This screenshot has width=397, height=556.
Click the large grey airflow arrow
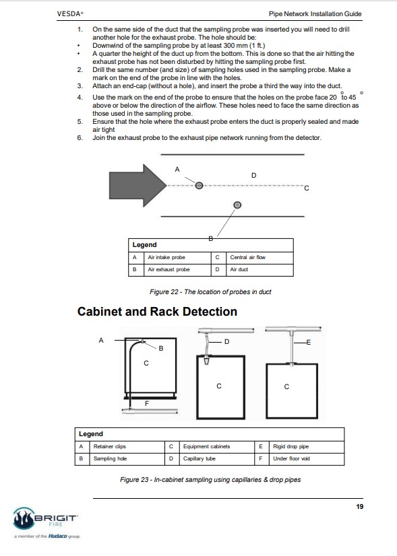[x=138, y=185]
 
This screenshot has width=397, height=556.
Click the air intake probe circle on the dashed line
[x=200, y=185]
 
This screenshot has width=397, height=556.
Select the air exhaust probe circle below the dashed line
[x=237, y=205]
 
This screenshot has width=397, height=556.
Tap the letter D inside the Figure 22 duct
[x=253, y=175]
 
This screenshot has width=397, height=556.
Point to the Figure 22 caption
[x=210, y=292]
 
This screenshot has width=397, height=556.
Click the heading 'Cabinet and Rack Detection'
[x=157, y=312]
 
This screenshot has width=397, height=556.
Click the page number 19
[x=360, y=507]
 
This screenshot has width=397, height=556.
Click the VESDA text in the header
[x=69, y=14]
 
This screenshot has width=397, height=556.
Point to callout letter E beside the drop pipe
[x=308, y=342]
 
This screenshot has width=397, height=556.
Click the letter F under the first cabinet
[x=147, y=403]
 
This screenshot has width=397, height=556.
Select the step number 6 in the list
[x=80, y=137]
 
